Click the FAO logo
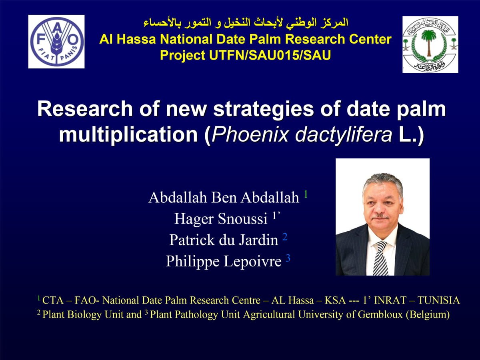[56, 42]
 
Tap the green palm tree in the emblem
[429, 43]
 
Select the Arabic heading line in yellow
[246, 23]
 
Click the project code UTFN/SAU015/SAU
[270, 55]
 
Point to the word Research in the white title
[85, 109]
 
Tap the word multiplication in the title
[128, 135]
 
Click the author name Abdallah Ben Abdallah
[224, 197]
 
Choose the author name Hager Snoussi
[221, 218]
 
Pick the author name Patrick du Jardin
[224, 240]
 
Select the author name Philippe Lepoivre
[224, 261]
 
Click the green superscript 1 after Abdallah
[306, 194]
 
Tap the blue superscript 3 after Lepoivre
[288, 258]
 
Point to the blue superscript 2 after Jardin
[285, 237]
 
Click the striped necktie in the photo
[381, 258]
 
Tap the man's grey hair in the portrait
[382, 182]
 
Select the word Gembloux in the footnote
[380, 314]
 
